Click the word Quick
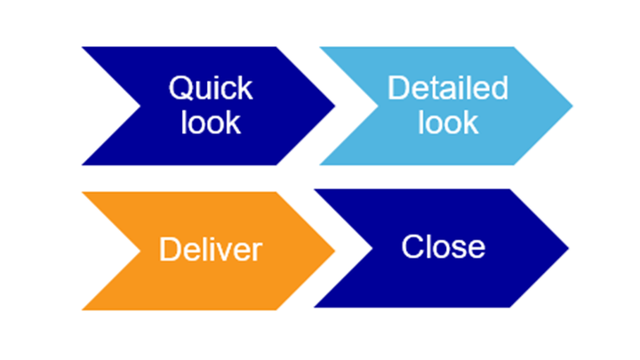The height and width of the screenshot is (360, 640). [211, 89]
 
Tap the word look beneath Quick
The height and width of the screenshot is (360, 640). [211, 122]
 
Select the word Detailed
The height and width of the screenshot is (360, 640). [447, 89]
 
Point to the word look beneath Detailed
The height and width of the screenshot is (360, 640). [448, 122]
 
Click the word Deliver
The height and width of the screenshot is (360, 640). [211, 250]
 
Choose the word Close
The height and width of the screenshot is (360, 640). [443, 246]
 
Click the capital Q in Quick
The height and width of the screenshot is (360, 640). [180, 89]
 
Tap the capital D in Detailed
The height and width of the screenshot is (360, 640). [396, 89]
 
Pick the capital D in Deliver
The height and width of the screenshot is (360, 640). [169, 250]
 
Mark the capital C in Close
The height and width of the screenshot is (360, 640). [412, 246]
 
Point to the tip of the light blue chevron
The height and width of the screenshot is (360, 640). [572, 106]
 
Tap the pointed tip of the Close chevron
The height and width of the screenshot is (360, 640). [567, 248]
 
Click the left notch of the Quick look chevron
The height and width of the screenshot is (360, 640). [140, 106]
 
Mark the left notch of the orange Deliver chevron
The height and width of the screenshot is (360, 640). [140, 251]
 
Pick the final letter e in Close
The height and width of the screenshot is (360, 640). [476, 247]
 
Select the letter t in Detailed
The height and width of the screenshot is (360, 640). [428, 89]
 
